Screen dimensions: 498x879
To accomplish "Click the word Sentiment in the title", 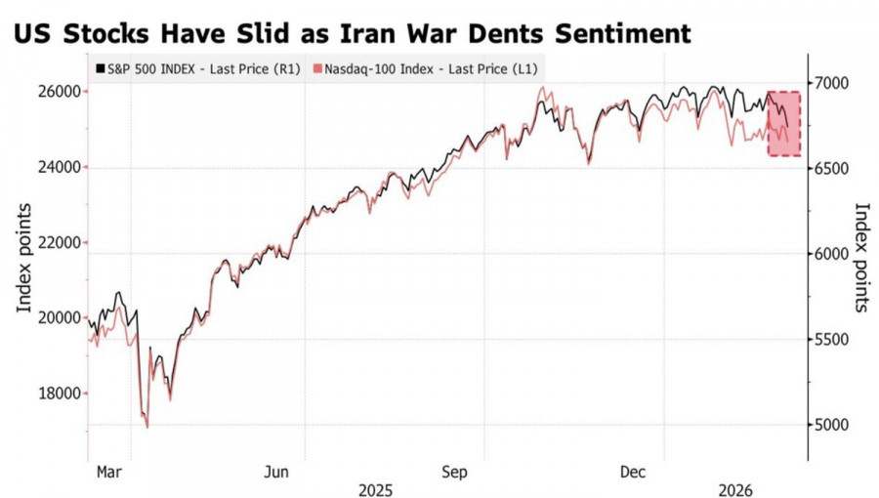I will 621,33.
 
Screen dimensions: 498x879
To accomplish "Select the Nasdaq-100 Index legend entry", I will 421,70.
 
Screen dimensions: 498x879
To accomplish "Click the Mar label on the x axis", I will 109,472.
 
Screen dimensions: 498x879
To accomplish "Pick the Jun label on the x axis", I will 277,472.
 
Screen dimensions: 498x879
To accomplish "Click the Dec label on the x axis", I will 635,472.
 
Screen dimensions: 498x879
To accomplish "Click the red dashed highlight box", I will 784,124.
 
